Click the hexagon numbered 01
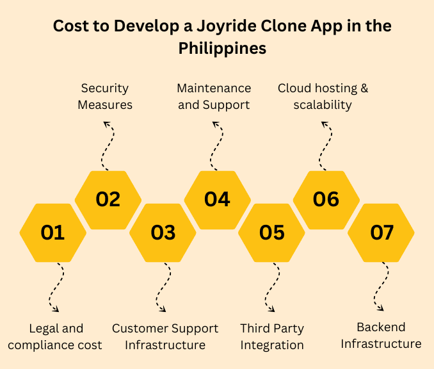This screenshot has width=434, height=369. [x=52, y=233]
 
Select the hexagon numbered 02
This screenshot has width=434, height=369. [x=108, y=199]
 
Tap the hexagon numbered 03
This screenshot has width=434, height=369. [x=163, y=233]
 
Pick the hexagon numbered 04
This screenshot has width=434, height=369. [x=217, y=199]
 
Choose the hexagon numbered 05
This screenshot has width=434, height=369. [x=271, y=233]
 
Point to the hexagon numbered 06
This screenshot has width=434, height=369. [x=326, y=199]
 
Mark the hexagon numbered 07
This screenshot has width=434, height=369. [x=382, y=233]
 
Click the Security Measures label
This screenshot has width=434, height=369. [x=105, y=96]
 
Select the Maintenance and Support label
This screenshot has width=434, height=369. [x=214, y=96]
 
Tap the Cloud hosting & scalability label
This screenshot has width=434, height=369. [x=323, y=96]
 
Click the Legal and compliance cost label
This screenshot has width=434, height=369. [x=56, y=337]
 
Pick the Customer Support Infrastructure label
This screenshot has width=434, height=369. [x=165, y=337]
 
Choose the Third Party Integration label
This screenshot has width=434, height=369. [x=272, y=337]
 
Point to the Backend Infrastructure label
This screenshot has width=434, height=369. [x=381, y=336]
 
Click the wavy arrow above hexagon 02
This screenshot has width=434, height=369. [x=109, y=145]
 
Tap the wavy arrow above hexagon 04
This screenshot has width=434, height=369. [x=218, y=145]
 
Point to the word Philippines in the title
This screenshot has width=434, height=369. [x=222, y=48]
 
